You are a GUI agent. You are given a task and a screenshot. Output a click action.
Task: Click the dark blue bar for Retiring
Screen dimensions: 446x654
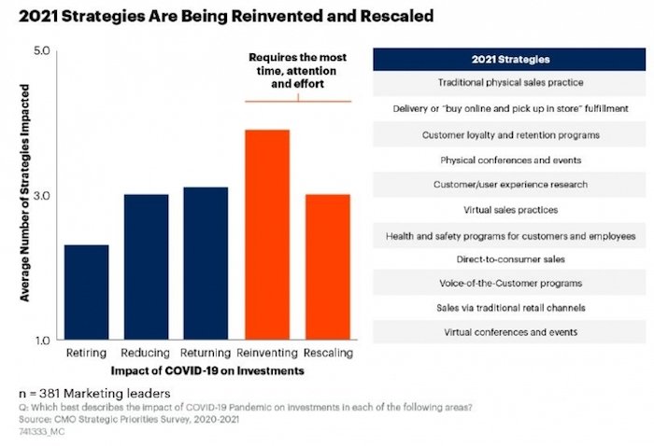point(86,292)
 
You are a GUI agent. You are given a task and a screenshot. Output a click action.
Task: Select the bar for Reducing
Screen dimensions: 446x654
point(146,267)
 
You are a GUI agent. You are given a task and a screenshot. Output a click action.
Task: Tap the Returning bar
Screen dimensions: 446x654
point(206,263)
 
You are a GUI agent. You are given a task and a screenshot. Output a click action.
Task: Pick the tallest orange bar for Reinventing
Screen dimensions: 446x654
point(266,234)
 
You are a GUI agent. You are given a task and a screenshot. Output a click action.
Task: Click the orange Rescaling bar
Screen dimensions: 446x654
point(327,267)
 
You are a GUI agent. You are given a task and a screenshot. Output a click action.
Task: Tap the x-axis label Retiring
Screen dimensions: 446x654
point(86,355)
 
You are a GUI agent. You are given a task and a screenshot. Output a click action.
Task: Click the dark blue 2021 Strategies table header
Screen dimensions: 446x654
point(510,61)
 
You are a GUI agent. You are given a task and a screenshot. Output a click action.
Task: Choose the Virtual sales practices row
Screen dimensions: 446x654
point(510,210)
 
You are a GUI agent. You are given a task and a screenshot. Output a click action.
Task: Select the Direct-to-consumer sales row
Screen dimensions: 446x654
point(510,258)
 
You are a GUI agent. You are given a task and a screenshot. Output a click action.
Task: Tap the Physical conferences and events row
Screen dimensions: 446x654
point(510,160)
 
